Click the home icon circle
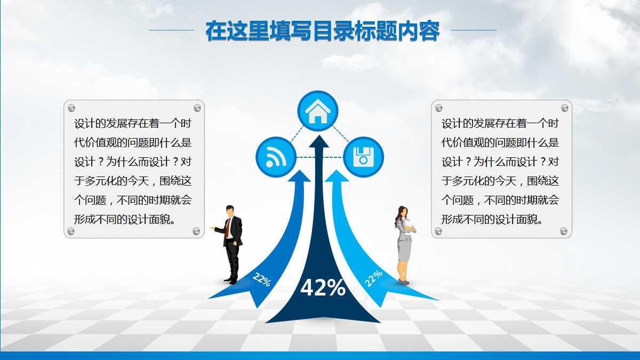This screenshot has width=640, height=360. tap(318, 111)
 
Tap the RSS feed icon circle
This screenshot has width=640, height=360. tap(275, 157)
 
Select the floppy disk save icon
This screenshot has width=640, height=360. tap(363, 157)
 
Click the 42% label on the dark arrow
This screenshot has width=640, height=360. tap(323, 288)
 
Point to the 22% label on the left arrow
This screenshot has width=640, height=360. tap(261, 279)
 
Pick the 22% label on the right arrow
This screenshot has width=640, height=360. tap(373, 278)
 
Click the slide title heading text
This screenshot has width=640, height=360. tap(323, 31)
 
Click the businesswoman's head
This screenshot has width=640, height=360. tap(401, 211)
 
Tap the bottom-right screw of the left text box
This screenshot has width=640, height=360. tap(196, 231)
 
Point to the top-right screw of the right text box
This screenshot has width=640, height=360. tap(564, 108)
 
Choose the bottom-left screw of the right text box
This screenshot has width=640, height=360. tap(438, 231)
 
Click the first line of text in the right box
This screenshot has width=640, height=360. tap(500, 124)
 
